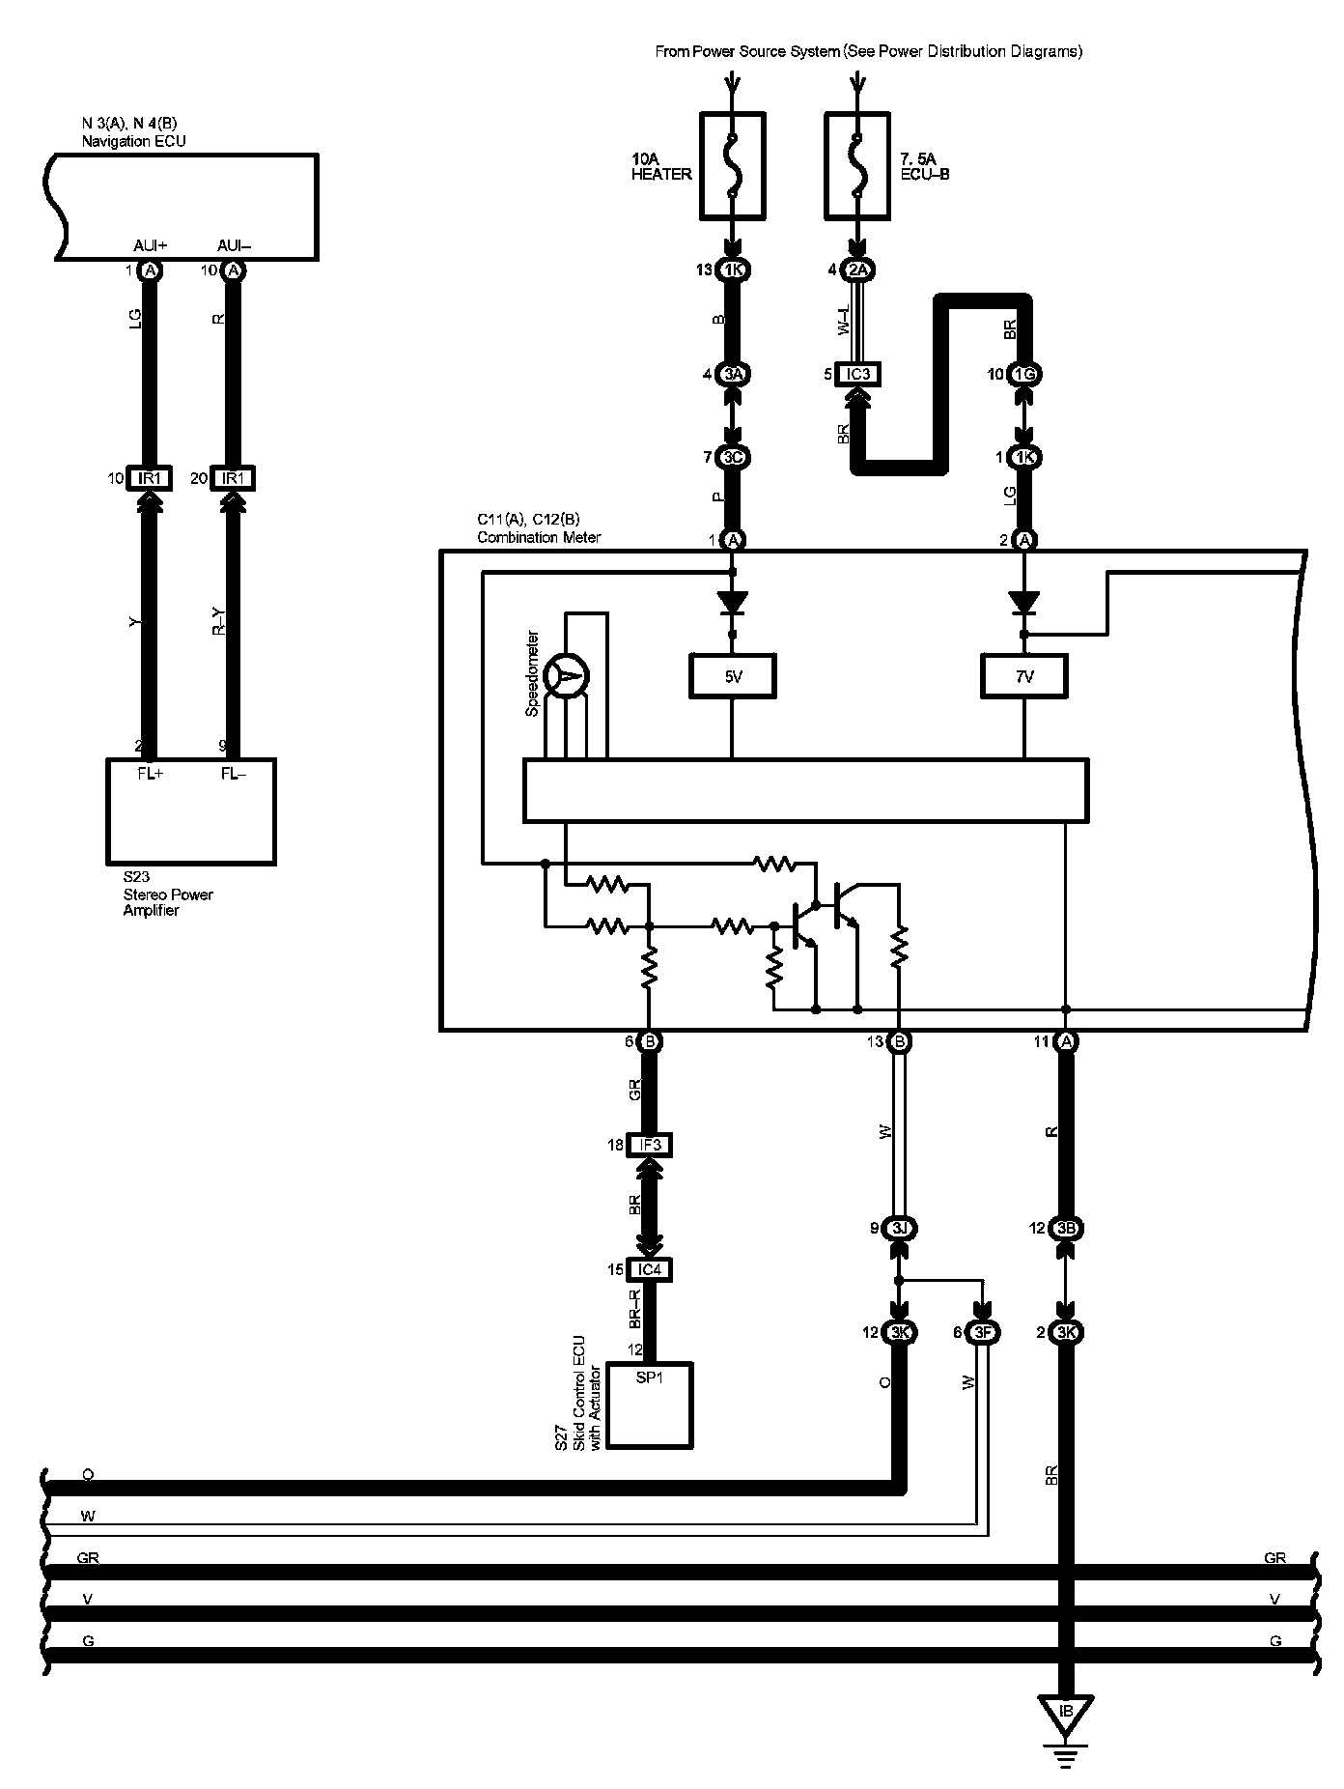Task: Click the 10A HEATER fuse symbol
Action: (x=732, y=165)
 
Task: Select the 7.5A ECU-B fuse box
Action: (x=856, y=165)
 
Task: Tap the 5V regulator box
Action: (x=733, y=676)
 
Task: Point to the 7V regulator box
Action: (x=1024, y=676)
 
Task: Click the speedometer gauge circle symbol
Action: (x=567, y=676)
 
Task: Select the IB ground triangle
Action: (x=1066, y=1713)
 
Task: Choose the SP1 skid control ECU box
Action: (x=650, y=1405)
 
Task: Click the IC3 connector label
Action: (x=858, y=374)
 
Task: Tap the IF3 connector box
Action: (x=650, y=1145)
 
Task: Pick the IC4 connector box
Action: (x=650, y=1269)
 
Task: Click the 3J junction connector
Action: (x=899, y=1229)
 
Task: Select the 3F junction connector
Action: (x=984, y=1332)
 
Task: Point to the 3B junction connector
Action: (x=1066, y=1229)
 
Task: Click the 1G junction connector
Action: (x=1024, y=374)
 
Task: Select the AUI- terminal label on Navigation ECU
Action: (x=234, y=246)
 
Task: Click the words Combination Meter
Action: (x=539, y=537)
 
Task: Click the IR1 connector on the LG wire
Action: (x=150, y=478)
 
